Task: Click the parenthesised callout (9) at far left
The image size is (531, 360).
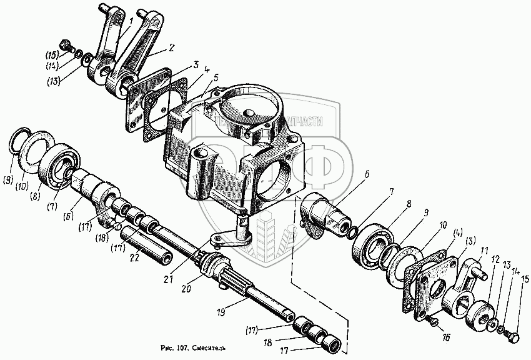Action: coord(7,181)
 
